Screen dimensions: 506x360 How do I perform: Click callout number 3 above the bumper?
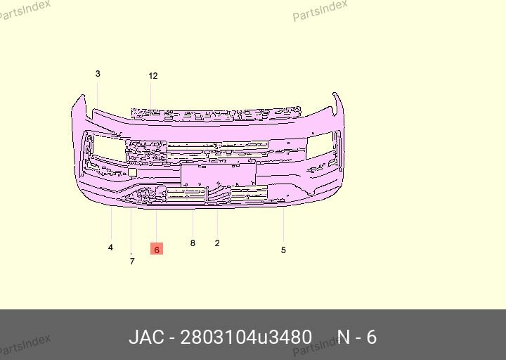(x=98, y=74)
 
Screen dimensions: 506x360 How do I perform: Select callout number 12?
(x=153, y=76)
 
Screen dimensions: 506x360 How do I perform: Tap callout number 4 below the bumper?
(x=111, y=247)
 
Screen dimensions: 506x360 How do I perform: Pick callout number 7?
(x=132, y=261)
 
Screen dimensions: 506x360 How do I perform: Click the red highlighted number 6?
(x=157, y=249)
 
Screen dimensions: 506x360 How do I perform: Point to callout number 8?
(x=193, y=243)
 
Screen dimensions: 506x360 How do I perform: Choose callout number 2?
(x=217, y=243)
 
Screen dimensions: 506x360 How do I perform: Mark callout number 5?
(x=283, y=250)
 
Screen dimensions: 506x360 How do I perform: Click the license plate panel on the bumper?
(x=218, y=174)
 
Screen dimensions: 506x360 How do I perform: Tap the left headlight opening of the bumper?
(x=109, y=148)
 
